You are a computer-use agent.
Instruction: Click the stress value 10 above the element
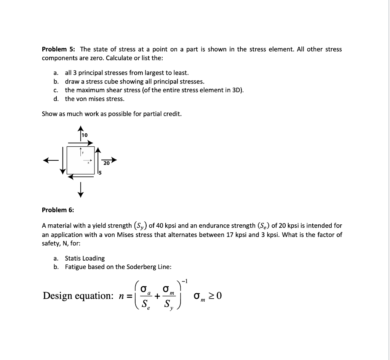coord(85,135)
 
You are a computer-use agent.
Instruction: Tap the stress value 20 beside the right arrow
coord(106,163)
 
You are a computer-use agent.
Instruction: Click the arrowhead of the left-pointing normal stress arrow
coord(46,160)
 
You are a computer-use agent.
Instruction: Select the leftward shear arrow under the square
coord(81,176)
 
